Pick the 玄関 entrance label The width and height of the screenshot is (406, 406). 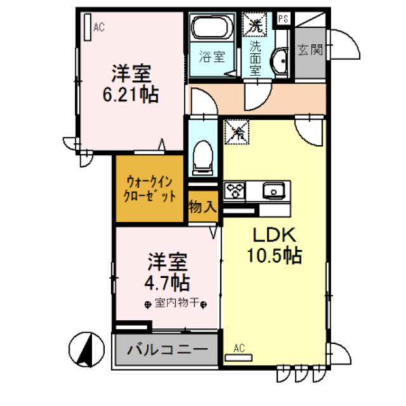point(311,49)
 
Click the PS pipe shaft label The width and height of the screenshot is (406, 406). point(283,20)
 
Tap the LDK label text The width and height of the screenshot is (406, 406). point(274,235)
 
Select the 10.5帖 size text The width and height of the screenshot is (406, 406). point(274,256)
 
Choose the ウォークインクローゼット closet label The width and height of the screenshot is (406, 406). point(151,188)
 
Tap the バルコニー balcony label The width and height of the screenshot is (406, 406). point(167,350)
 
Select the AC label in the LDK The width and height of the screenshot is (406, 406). point(239,348)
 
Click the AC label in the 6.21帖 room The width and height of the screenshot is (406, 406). point(99,27)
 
